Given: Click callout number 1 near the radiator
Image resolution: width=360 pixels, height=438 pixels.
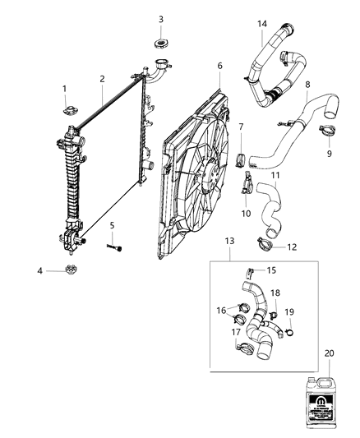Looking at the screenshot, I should coord(64,89).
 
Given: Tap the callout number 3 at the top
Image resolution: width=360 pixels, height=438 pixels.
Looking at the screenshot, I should coord(160,19).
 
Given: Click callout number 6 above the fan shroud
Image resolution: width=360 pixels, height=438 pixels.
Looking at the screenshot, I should coord(219,66).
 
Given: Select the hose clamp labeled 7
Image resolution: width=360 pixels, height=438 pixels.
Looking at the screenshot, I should coord(242,156).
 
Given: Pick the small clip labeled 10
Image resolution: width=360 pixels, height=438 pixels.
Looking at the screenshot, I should coord(247,184).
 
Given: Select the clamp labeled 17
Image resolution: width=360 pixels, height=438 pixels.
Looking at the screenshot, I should coord(244,349).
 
